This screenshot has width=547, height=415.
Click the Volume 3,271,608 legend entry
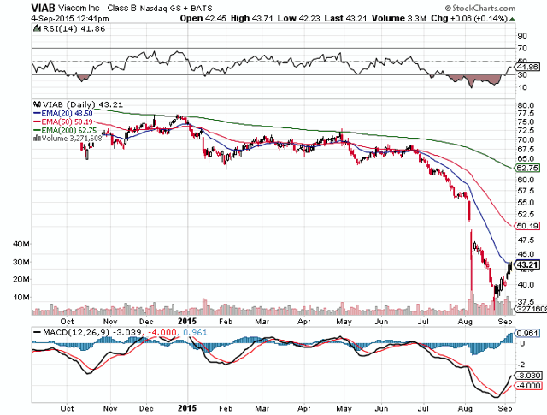[61, 138]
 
